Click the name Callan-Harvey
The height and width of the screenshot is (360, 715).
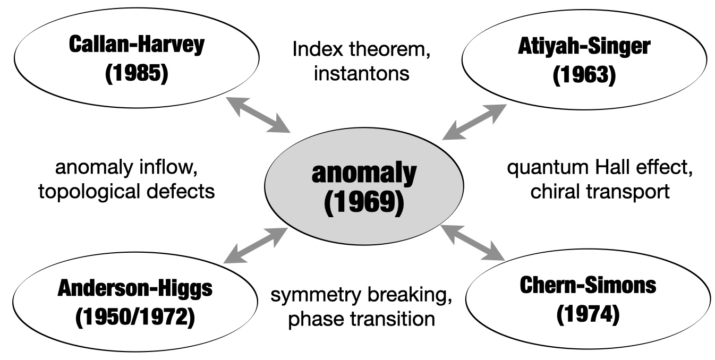(x=137, y=45)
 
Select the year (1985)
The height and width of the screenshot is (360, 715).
(x=137, y=73)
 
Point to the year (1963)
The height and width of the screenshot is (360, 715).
(x=584, y=75)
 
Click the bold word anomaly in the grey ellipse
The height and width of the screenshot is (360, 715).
(x=364, y=174)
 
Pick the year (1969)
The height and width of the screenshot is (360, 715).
(x=364, y=203)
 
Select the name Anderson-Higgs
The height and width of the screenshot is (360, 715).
(x=135, y=289)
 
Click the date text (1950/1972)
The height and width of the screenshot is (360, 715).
(x=135, y=317)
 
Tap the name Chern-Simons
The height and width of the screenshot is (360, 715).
(x=588, y=286)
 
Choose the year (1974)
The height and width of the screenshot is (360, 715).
(x=588, y=314)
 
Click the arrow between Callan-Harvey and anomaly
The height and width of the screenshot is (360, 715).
(x=258, y=115)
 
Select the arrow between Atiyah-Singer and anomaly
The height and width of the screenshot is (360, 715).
(x=474, y=122)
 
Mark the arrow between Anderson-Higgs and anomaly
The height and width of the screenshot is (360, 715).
(x=256, y=245)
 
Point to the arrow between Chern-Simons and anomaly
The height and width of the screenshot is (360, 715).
(x=472, y=243)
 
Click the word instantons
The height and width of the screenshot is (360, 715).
(x=361, y=73)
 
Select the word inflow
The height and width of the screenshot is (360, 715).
(x=169, y=167)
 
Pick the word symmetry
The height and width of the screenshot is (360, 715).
(x=316, y=296)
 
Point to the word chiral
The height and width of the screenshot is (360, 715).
(x=555, y=192)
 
